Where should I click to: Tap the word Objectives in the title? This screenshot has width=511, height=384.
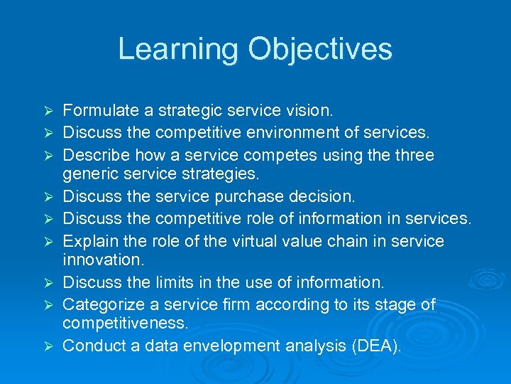[x=320, y=49]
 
